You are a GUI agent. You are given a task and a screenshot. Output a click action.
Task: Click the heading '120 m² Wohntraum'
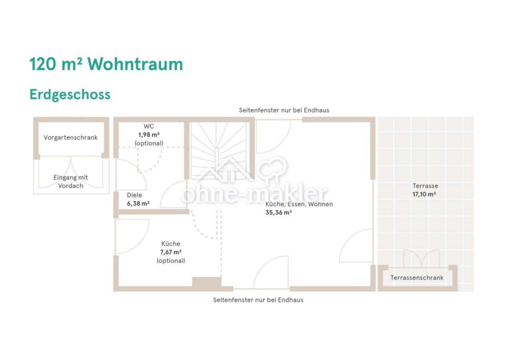click(x=106, y=64)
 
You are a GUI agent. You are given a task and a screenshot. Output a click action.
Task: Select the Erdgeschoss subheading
click(x=70, y=94)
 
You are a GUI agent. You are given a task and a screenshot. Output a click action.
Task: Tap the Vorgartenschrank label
click(x=70, y=138)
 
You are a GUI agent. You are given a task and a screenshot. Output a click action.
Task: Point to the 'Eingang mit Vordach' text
click(x=70, y=182)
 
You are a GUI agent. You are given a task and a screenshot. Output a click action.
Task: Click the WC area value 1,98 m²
click(x=149, y=135)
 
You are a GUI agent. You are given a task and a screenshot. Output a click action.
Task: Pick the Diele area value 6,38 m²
click(x=138, y=204)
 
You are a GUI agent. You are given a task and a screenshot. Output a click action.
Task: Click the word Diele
click(x=135, y=195)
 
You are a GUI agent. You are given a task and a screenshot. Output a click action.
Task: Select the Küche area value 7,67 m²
click(x=171, y=252)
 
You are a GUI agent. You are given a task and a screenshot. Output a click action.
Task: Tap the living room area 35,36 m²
click(x=279, y=213)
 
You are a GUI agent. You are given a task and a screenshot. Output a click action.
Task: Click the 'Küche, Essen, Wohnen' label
click(x=299, y=204)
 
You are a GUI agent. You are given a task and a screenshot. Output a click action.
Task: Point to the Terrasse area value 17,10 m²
click(x=424, y=194)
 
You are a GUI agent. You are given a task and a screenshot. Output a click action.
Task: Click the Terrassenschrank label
click(x=417, y=278)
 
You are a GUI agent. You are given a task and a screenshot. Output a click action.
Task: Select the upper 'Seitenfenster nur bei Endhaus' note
click(x=284, y=110)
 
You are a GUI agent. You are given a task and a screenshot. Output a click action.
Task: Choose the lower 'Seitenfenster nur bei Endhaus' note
click(x=258, y=300)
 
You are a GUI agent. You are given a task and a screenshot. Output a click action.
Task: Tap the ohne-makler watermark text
click(x=254, y=194)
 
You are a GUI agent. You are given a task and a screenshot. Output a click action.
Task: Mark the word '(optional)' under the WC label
click(x=149, y=143)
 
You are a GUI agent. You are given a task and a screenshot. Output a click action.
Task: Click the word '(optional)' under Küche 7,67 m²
click(x=171, y=261)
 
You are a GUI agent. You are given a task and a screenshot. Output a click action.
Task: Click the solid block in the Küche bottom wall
click(x=207, y=282)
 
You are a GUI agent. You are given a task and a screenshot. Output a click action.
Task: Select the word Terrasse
click(x=425, y=186)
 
